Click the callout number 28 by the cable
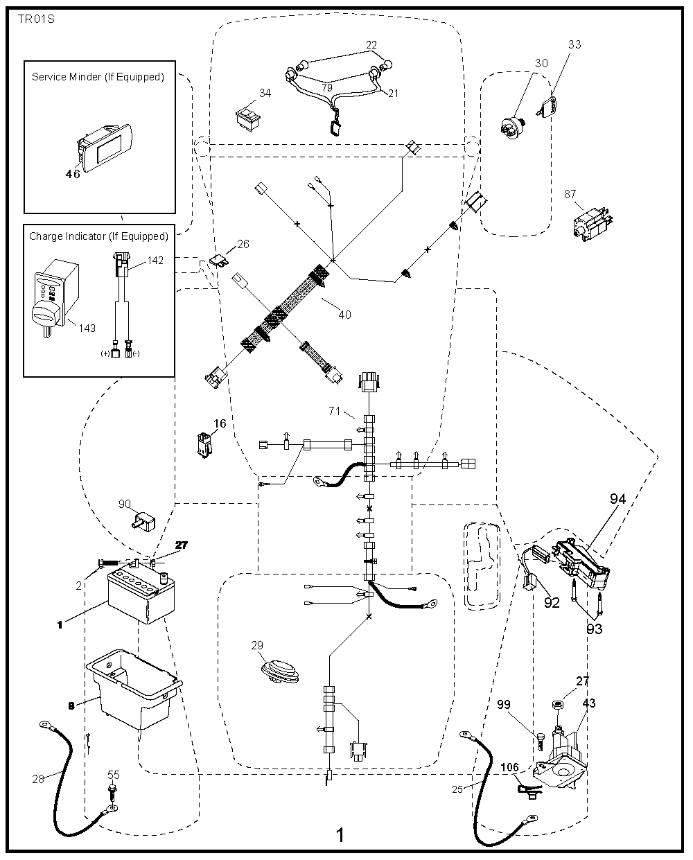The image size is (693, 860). coord(38,779)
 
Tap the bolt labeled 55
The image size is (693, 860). coord(112,791)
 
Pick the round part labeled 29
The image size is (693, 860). coord(277,672)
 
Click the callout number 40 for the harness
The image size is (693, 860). coord(344,315)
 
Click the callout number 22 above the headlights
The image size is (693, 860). coord(371,45)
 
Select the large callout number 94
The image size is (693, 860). coord(618,499)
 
